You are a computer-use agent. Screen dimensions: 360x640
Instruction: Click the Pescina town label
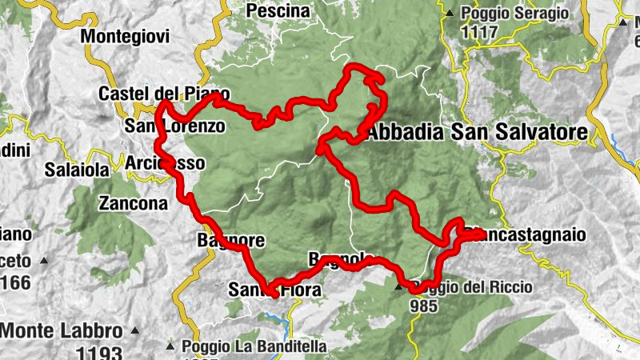[278, 10]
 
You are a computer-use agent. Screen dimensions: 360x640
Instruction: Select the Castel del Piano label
[164, 94]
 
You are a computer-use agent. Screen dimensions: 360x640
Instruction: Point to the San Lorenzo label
[174, 126]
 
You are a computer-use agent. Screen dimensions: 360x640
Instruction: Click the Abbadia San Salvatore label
[478, 132]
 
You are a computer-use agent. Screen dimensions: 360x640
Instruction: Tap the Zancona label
[133, 203]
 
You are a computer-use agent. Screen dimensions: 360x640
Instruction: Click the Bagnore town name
[230, 240]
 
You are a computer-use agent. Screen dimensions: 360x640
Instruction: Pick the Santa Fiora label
[274, 290]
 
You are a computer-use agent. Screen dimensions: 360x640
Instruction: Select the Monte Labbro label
[62, 330]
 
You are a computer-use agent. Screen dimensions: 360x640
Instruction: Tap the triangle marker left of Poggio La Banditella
[170, 346]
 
